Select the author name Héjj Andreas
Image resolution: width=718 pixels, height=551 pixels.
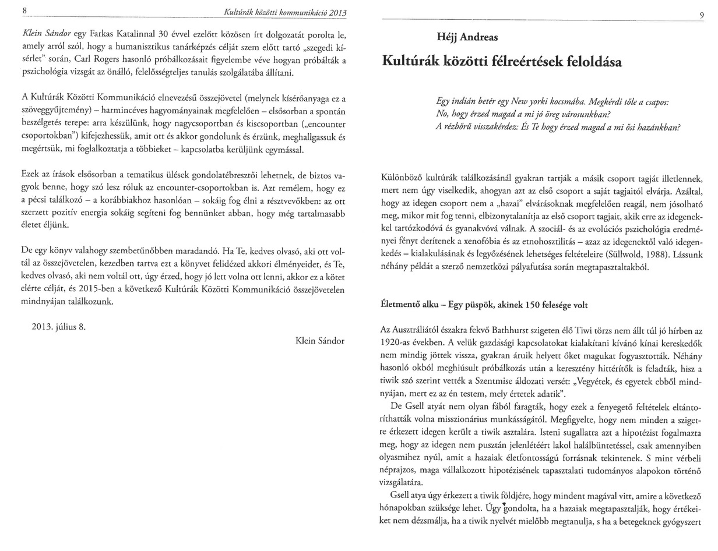point(467,37)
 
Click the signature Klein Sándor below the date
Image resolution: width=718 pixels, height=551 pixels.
point(320,341)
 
